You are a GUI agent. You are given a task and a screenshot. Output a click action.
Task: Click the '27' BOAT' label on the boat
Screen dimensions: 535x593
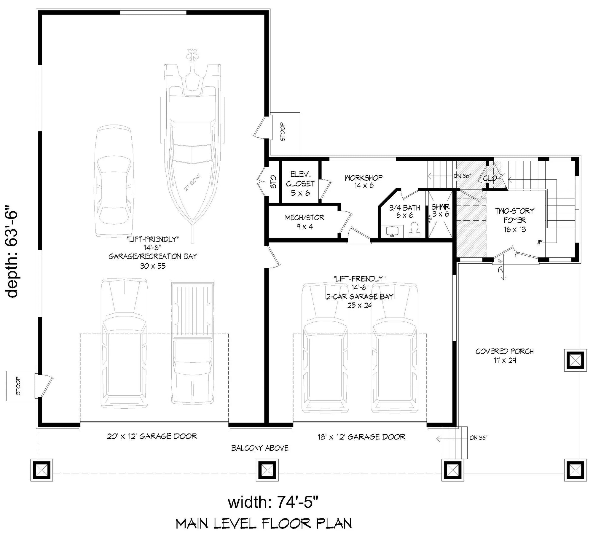193,182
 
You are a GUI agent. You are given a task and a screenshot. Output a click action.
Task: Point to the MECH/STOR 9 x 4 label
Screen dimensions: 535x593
305,222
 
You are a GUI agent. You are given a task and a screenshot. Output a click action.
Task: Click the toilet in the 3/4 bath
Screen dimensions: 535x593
415,230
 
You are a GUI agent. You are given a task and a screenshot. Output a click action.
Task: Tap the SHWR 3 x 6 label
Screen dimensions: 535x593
440,210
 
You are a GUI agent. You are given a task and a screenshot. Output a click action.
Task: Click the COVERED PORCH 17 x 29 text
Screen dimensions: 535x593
504,356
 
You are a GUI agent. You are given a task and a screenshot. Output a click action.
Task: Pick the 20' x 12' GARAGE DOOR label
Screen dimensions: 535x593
152,436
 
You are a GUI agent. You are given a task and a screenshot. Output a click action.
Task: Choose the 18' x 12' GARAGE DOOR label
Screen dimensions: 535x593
361,437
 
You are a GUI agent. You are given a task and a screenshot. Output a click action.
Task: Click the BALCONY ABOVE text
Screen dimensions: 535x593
260,448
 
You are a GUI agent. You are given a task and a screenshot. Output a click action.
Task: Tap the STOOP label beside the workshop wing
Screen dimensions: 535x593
283,132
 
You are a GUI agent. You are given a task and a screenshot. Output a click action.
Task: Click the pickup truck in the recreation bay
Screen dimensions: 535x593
193,341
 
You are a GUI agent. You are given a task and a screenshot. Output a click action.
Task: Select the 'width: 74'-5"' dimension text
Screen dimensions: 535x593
273,502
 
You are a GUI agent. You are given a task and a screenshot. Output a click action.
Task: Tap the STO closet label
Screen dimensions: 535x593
274,182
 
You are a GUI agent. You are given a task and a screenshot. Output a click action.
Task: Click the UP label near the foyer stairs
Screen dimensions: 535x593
539,242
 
